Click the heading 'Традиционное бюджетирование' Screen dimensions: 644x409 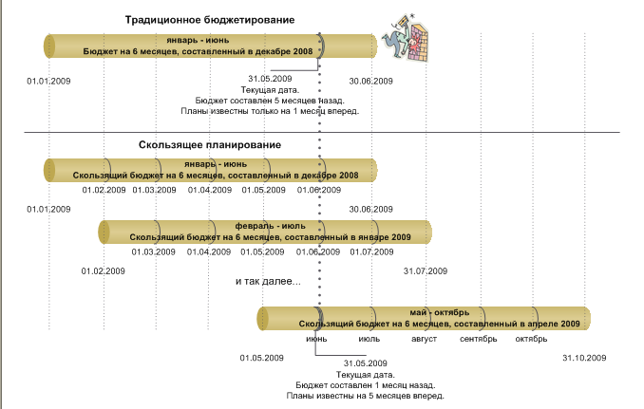click(x=210, y=20)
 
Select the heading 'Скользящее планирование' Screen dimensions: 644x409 click(x=210, y=145)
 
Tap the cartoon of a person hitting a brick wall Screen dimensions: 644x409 click(x=406, y=37)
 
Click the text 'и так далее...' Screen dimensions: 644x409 click(x=268, y=282)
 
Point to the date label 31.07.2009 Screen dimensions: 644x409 click(x=426, y=271)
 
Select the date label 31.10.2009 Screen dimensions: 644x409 click(x=584, y=358)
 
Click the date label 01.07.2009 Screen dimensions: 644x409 click(x=371, y=251)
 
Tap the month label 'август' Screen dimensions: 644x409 click(x=424, y=340)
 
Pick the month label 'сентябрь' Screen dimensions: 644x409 click(x=478, y=340)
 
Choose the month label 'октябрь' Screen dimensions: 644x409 click(x=531, y=340)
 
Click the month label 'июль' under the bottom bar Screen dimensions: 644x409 click(x=369, y=340)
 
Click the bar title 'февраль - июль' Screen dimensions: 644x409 click(x=271, y=226)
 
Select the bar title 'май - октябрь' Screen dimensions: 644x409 click(x=439, y=312)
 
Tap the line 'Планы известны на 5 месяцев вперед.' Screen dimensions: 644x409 click(x=365, y=396)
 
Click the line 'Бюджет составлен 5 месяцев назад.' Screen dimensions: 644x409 click(x=270, y=101)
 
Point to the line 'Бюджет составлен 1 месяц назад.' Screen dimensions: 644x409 click(x=365, y=385)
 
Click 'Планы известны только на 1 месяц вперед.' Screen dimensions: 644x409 click(x=270, y=111)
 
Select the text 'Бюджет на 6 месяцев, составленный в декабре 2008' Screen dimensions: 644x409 click(x=198, y=51)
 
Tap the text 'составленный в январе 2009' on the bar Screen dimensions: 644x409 click(x=348, y=237)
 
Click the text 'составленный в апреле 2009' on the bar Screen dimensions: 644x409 click(x=517, y=324)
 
